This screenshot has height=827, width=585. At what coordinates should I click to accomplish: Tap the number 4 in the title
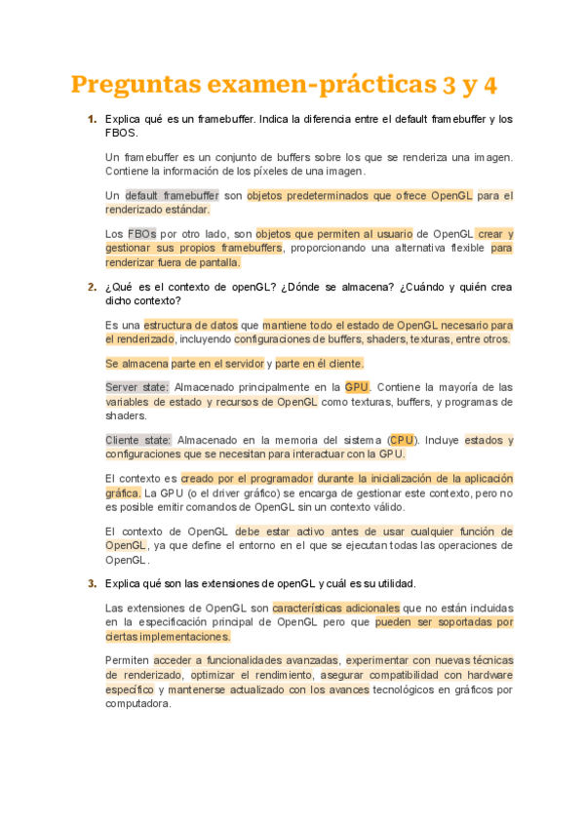(489, 86)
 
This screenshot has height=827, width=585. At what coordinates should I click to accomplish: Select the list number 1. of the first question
(92, 119)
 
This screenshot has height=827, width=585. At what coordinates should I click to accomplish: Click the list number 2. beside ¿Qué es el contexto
(92, 288)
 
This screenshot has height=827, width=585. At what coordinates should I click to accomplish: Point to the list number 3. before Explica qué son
(92, 584)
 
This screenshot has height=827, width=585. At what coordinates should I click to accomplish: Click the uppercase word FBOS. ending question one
(121, 133)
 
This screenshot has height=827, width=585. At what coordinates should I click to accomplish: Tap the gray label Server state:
(136, 387)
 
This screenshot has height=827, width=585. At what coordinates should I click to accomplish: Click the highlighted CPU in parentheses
(401, 440)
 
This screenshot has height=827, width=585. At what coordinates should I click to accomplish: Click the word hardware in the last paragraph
(487, 675)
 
